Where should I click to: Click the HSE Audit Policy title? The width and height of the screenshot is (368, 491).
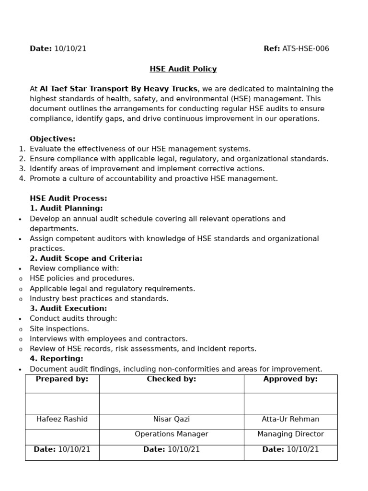[183, 69]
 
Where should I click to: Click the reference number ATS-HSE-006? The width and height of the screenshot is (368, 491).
[306, 48]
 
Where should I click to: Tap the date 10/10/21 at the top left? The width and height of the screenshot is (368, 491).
[70, 48]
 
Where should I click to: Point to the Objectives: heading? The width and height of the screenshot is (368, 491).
[52, 139]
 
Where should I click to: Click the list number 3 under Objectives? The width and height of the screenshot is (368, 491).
[22, 169]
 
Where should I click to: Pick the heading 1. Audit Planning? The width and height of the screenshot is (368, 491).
[66, 209]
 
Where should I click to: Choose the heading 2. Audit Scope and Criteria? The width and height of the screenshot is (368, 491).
[86, 258]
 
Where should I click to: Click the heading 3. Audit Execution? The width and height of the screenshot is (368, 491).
[68, 308]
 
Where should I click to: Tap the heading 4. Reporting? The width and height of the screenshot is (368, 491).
[56, 359]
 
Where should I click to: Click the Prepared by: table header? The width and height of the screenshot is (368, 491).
[62, 379]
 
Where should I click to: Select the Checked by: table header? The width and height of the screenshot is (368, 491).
[171, 379]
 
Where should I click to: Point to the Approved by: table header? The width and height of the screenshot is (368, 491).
[290, 379]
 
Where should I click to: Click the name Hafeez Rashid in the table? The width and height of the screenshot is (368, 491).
[62, 419]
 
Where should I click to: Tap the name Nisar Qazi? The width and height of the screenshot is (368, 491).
[171, 419]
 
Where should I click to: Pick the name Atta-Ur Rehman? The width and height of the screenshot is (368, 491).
[290, 419]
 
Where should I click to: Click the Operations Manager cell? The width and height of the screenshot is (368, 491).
[171, 434]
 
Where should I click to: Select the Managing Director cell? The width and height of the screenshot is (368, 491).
[290, 434]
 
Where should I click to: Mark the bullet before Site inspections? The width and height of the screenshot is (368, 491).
[20, 329]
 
